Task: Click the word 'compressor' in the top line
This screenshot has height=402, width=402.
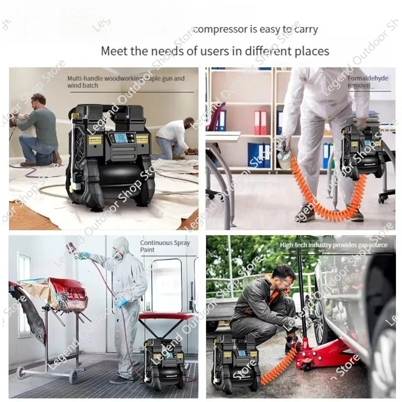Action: [219, 30]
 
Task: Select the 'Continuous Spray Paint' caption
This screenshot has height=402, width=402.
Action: [164, 246]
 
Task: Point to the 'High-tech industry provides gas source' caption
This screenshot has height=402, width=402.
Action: [334, 245]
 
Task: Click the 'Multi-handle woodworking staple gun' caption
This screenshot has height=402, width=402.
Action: [126, 82]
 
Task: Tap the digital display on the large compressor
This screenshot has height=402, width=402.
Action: [121, 138]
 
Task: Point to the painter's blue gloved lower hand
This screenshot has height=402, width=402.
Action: [121, 303]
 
